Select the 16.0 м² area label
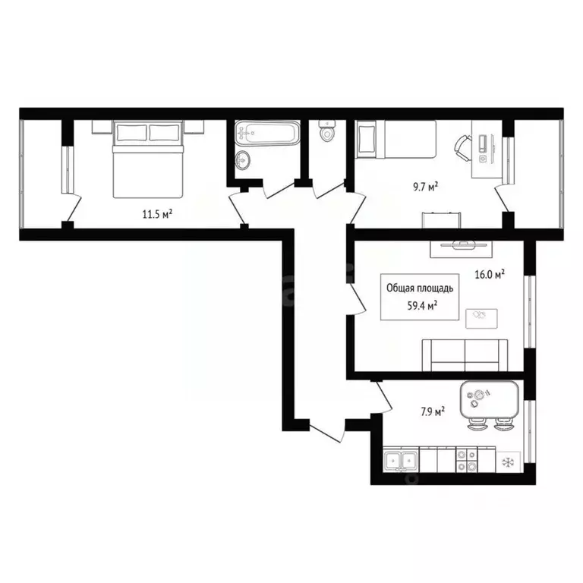(490, 276)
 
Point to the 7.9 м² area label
(430, 411)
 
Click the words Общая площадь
(420, 288)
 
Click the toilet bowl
(327, 132)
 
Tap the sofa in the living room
(465, 354)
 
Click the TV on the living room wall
(462, 244)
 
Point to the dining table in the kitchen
(489, 396)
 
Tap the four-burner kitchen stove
(465, 459)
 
